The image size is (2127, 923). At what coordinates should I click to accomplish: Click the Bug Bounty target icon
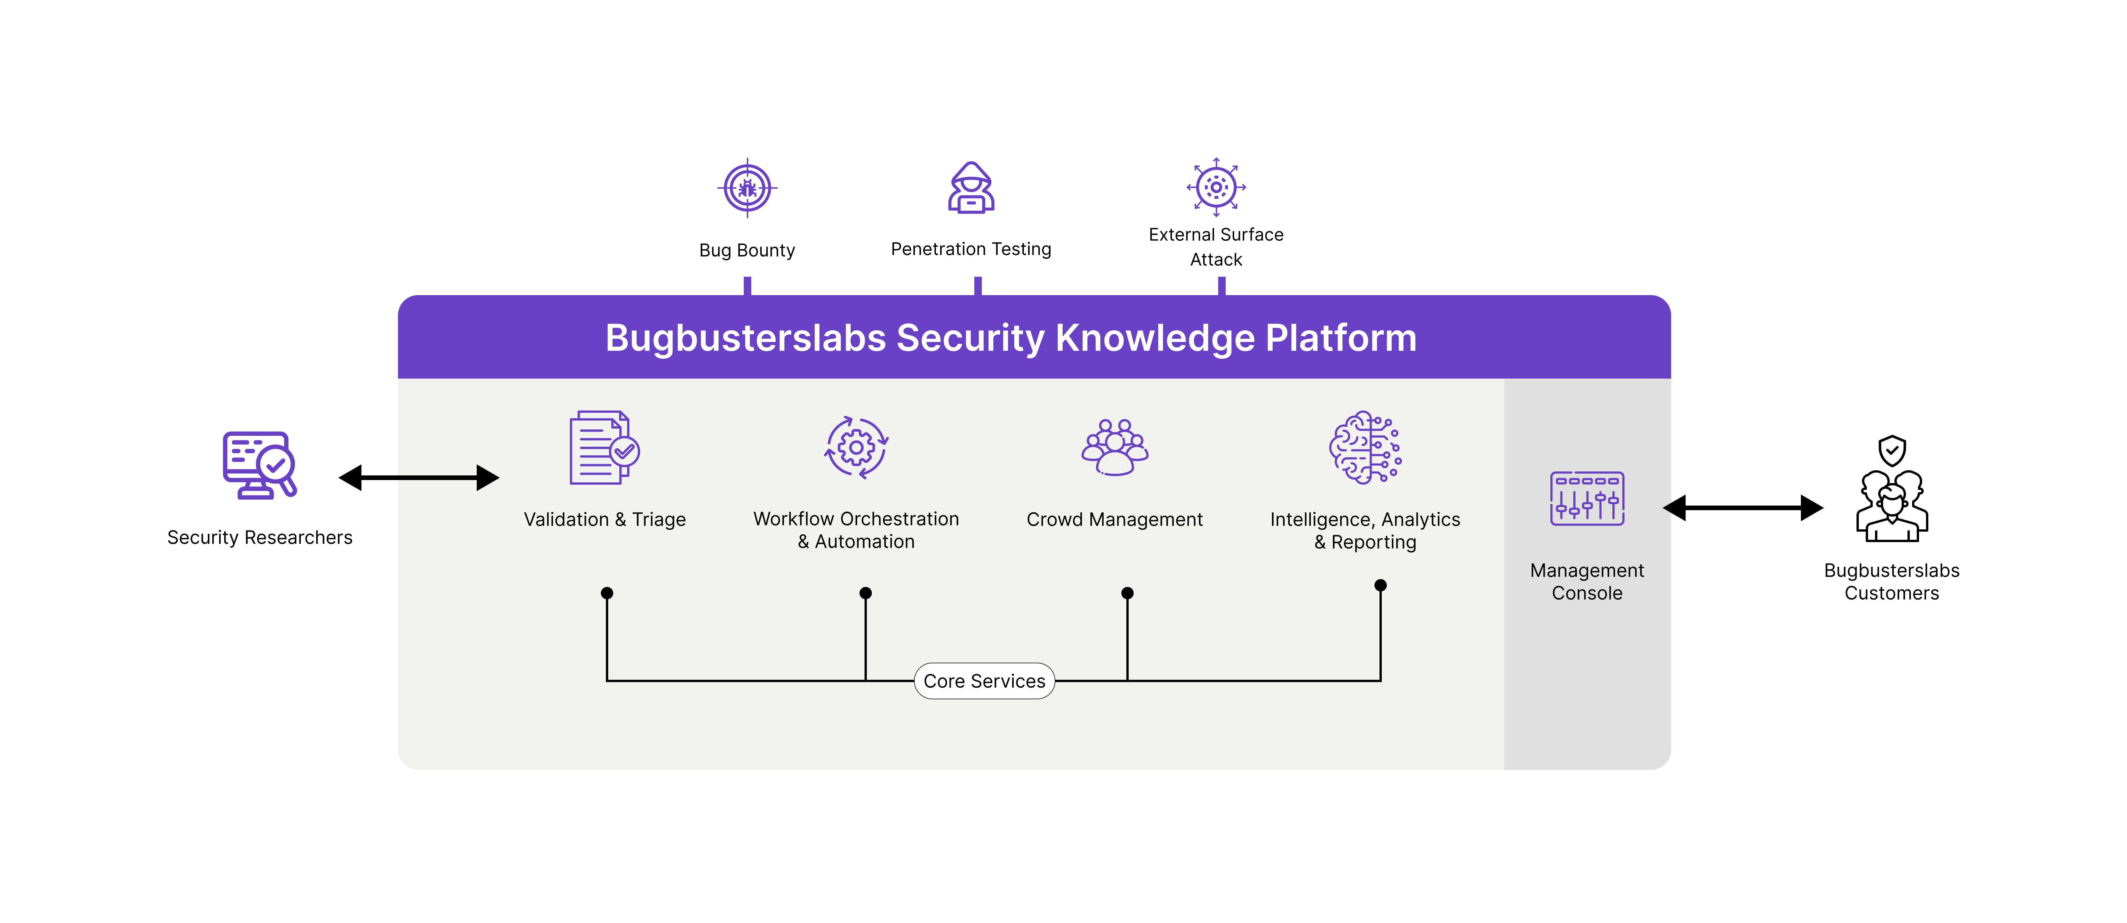coord(747,188)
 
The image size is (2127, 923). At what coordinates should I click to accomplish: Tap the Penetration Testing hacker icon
coord(971,188)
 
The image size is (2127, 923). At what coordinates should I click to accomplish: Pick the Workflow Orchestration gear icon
coord(856,447)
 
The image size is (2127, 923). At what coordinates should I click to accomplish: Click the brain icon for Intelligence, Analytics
coord(1365,447)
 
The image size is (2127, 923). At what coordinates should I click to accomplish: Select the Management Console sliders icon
coord(1587,498)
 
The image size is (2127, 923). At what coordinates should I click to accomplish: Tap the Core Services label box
coord(984,681)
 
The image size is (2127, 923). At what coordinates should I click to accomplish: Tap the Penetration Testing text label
coord(971,249)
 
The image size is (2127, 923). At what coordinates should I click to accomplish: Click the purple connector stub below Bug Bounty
coord(747,286)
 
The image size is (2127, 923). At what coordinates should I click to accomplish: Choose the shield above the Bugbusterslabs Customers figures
coord(1892,451)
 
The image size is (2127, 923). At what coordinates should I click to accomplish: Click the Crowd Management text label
coord(1115,519)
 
